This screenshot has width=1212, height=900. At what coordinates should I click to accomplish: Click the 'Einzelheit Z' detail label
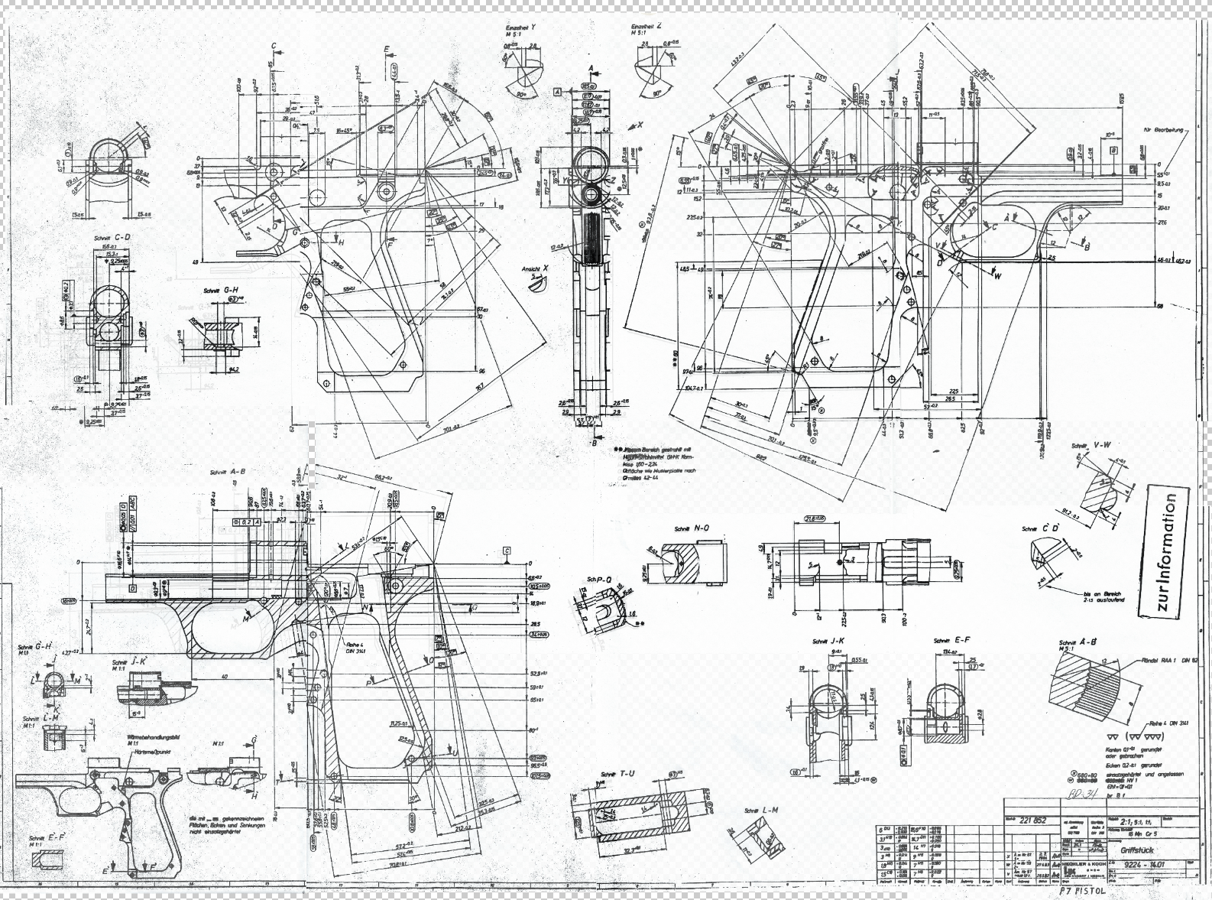[x=647, y=26]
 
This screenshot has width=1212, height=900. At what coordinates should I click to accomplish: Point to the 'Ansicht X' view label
[x=531, y=270]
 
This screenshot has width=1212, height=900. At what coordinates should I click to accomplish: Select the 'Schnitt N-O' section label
[x=692, y=528]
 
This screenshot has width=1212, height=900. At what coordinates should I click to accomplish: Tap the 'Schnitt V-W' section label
[x=1090, y=445]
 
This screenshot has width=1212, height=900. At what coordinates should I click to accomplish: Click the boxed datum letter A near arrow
[x=557, y=91]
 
